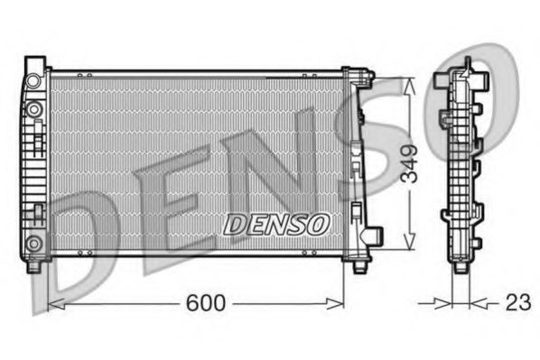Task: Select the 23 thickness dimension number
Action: pos(517,305)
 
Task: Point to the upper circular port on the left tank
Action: pos(34,110)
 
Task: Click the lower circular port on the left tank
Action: pos(34,242)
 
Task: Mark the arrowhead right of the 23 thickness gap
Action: pos(479,305)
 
